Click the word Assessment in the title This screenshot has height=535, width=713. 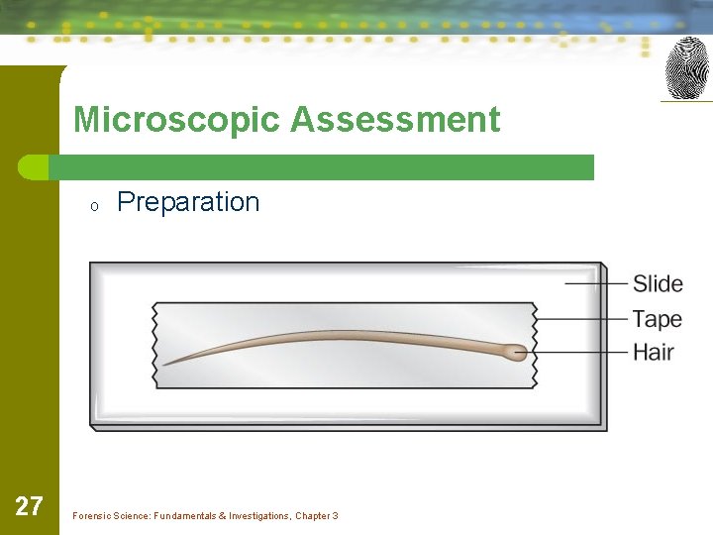[x=395, y=120]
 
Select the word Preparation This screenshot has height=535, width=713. [x=188, y=202]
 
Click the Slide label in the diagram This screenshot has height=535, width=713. [x=658, y=284]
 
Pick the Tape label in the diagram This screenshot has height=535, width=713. [x=658, y=319]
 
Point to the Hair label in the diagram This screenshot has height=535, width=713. [x=654, y=352]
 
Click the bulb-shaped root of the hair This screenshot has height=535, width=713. [x=514, y=351]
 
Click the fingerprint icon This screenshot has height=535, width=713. [x=687, y=68]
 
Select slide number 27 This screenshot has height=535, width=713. [x=30, y=507]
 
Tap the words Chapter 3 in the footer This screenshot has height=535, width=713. [x=316, y=516]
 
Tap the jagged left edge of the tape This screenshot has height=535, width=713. [x=154, y=345]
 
